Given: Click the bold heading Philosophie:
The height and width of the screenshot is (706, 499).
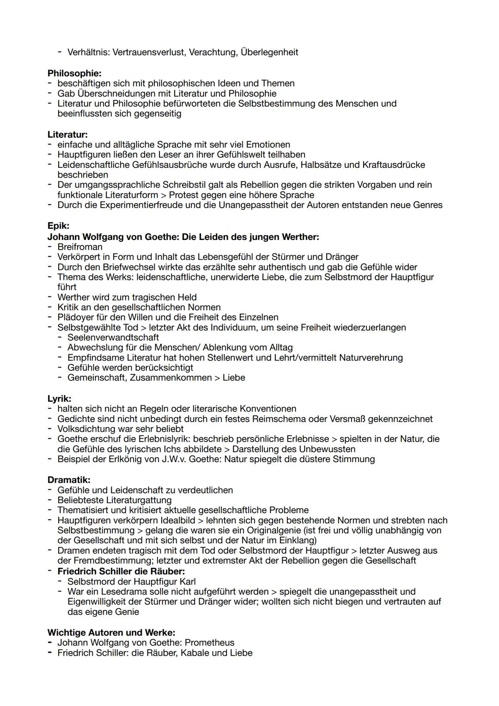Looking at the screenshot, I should [x=74, y=73].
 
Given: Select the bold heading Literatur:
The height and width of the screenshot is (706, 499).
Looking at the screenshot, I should [x=67, y=135].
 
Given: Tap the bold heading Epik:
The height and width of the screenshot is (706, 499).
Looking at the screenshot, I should [x=58, y=226].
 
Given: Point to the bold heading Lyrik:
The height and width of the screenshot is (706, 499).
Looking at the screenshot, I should [x=59, y=399].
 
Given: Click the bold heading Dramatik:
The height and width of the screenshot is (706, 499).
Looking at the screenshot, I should [x=69, y=480].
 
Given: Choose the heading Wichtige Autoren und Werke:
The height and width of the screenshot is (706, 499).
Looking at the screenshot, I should [x=111, y=632].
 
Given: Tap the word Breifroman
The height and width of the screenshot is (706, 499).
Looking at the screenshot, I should [x=80, y=247].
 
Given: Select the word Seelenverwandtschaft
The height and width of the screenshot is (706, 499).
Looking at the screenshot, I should [x=113, y=338].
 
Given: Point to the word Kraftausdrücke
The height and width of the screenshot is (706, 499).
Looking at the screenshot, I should [x=394, y=165].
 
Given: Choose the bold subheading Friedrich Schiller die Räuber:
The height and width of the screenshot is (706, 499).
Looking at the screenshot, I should [x=121, y=571].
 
